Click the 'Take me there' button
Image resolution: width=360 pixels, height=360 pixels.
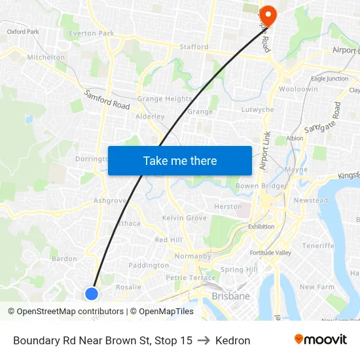tap(180, 160)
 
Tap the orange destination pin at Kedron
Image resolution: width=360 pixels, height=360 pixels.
tap(268, 14)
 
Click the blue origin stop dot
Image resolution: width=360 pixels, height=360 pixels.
tap(92, 294)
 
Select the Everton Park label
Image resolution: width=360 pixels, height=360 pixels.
tap(92, 33)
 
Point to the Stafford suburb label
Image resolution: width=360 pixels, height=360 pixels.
tap(194, 47)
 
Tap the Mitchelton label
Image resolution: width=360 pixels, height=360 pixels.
tap(46, 58)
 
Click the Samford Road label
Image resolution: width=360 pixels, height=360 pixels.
tap(107, 99)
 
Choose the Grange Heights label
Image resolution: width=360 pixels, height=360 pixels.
tap(164, 99)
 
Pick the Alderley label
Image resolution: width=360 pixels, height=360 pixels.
tap(149, 117)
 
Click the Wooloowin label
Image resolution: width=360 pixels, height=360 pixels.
tap(298, 89)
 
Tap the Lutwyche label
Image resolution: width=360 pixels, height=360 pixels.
tap(257, 110)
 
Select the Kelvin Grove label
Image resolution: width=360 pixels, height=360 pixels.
tap(184, 217)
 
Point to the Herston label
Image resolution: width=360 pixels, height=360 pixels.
tap(228, 207)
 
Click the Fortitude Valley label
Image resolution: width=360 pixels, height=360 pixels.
tap(270, 253)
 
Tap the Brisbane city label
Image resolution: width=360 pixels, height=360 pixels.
tap(230, 297)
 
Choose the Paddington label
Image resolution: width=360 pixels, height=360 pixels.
tap(149, 265)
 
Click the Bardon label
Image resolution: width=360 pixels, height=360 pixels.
tap(64, 259)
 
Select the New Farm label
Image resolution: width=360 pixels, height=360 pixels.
tap(317, 287)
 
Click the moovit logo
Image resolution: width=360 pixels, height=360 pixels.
tap(320, 340)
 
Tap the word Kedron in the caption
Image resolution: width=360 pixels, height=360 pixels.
tap(233, 340)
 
